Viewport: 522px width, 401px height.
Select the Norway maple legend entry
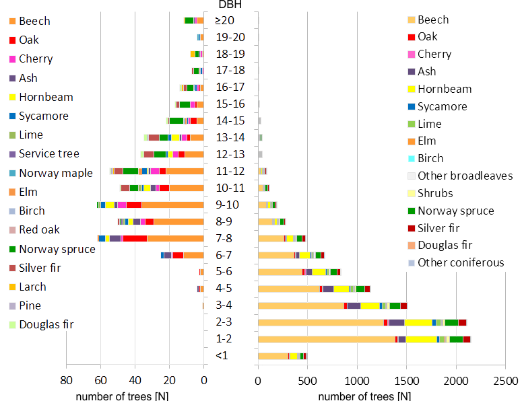[x=55, y=173]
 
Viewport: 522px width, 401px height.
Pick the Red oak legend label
[x=39, y=229]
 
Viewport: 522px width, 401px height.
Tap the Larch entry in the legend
[x=32, y=287]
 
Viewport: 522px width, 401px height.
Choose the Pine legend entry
[x=30, y=305]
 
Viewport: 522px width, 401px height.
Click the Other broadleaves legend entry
[x=465, y=176]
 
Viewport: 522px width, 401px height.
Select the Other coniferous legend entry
[x=461, y=262]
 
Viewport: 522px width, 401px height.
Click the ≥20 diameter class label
[x=225, y=20]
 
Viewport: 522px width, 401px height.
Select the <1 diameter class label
[x=222, y=355]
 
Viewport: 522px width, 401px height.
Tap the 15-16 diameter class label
[x=230, y=104]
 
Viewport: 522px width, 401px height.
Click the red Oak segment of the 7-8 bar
[x=135, y=238]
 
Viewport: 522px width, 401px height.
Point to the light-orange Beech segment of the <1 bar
[x=273, y=356]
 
